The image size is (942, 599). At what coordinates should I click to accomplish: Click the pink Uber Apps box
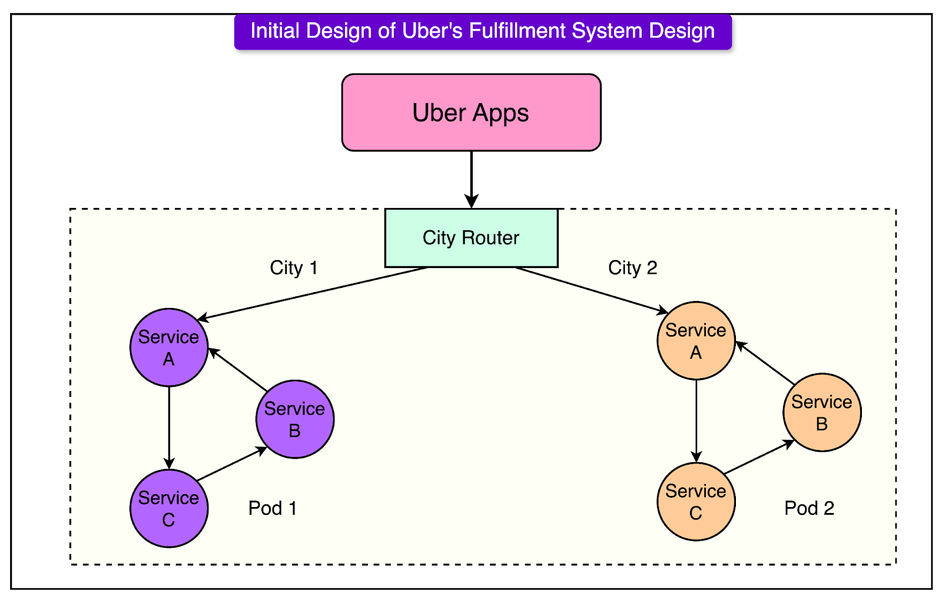tap(471, 112)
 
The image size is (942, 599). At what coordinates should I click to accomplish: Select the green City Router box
tap(471, 238)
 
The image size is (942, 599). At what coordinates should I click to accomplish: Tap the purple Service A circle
tap(169, 348)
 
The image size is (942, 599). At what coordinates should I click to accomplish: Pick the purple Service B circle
tap(295, 419)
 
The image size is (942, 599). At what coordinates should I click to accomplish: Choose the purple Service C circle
tap(169, 508)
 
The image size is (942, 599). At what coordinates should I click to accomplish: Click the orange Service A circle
tap(696, 341)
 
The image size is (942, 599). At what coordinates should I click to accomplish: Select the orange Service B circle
tap(822, 412)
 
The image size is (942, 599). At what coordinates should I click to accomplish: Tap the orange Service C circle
tap(696, 502)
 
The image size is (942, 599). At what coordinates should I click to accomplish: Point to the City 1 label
tap(294, 268)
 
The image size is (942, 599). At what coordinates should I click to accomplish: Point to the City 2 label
tap(632, 268)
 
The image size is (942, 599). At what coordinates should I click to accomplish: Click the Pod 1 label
tap(273, 508)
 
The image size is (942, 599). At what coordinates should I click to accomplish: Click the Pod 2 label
tap(809, 508)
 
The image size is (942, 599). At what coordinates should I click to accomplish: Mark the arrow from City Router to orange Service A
tap(592, 289)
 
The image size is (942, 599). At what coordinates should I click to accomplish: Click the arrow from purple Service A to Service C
tap(169, 427)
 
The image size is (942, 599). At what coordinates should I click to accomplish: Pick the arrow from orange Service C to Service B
tap(759, 457)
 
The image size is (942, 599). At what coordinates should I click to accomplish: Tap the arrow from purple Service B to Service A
tap(238, 369)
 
